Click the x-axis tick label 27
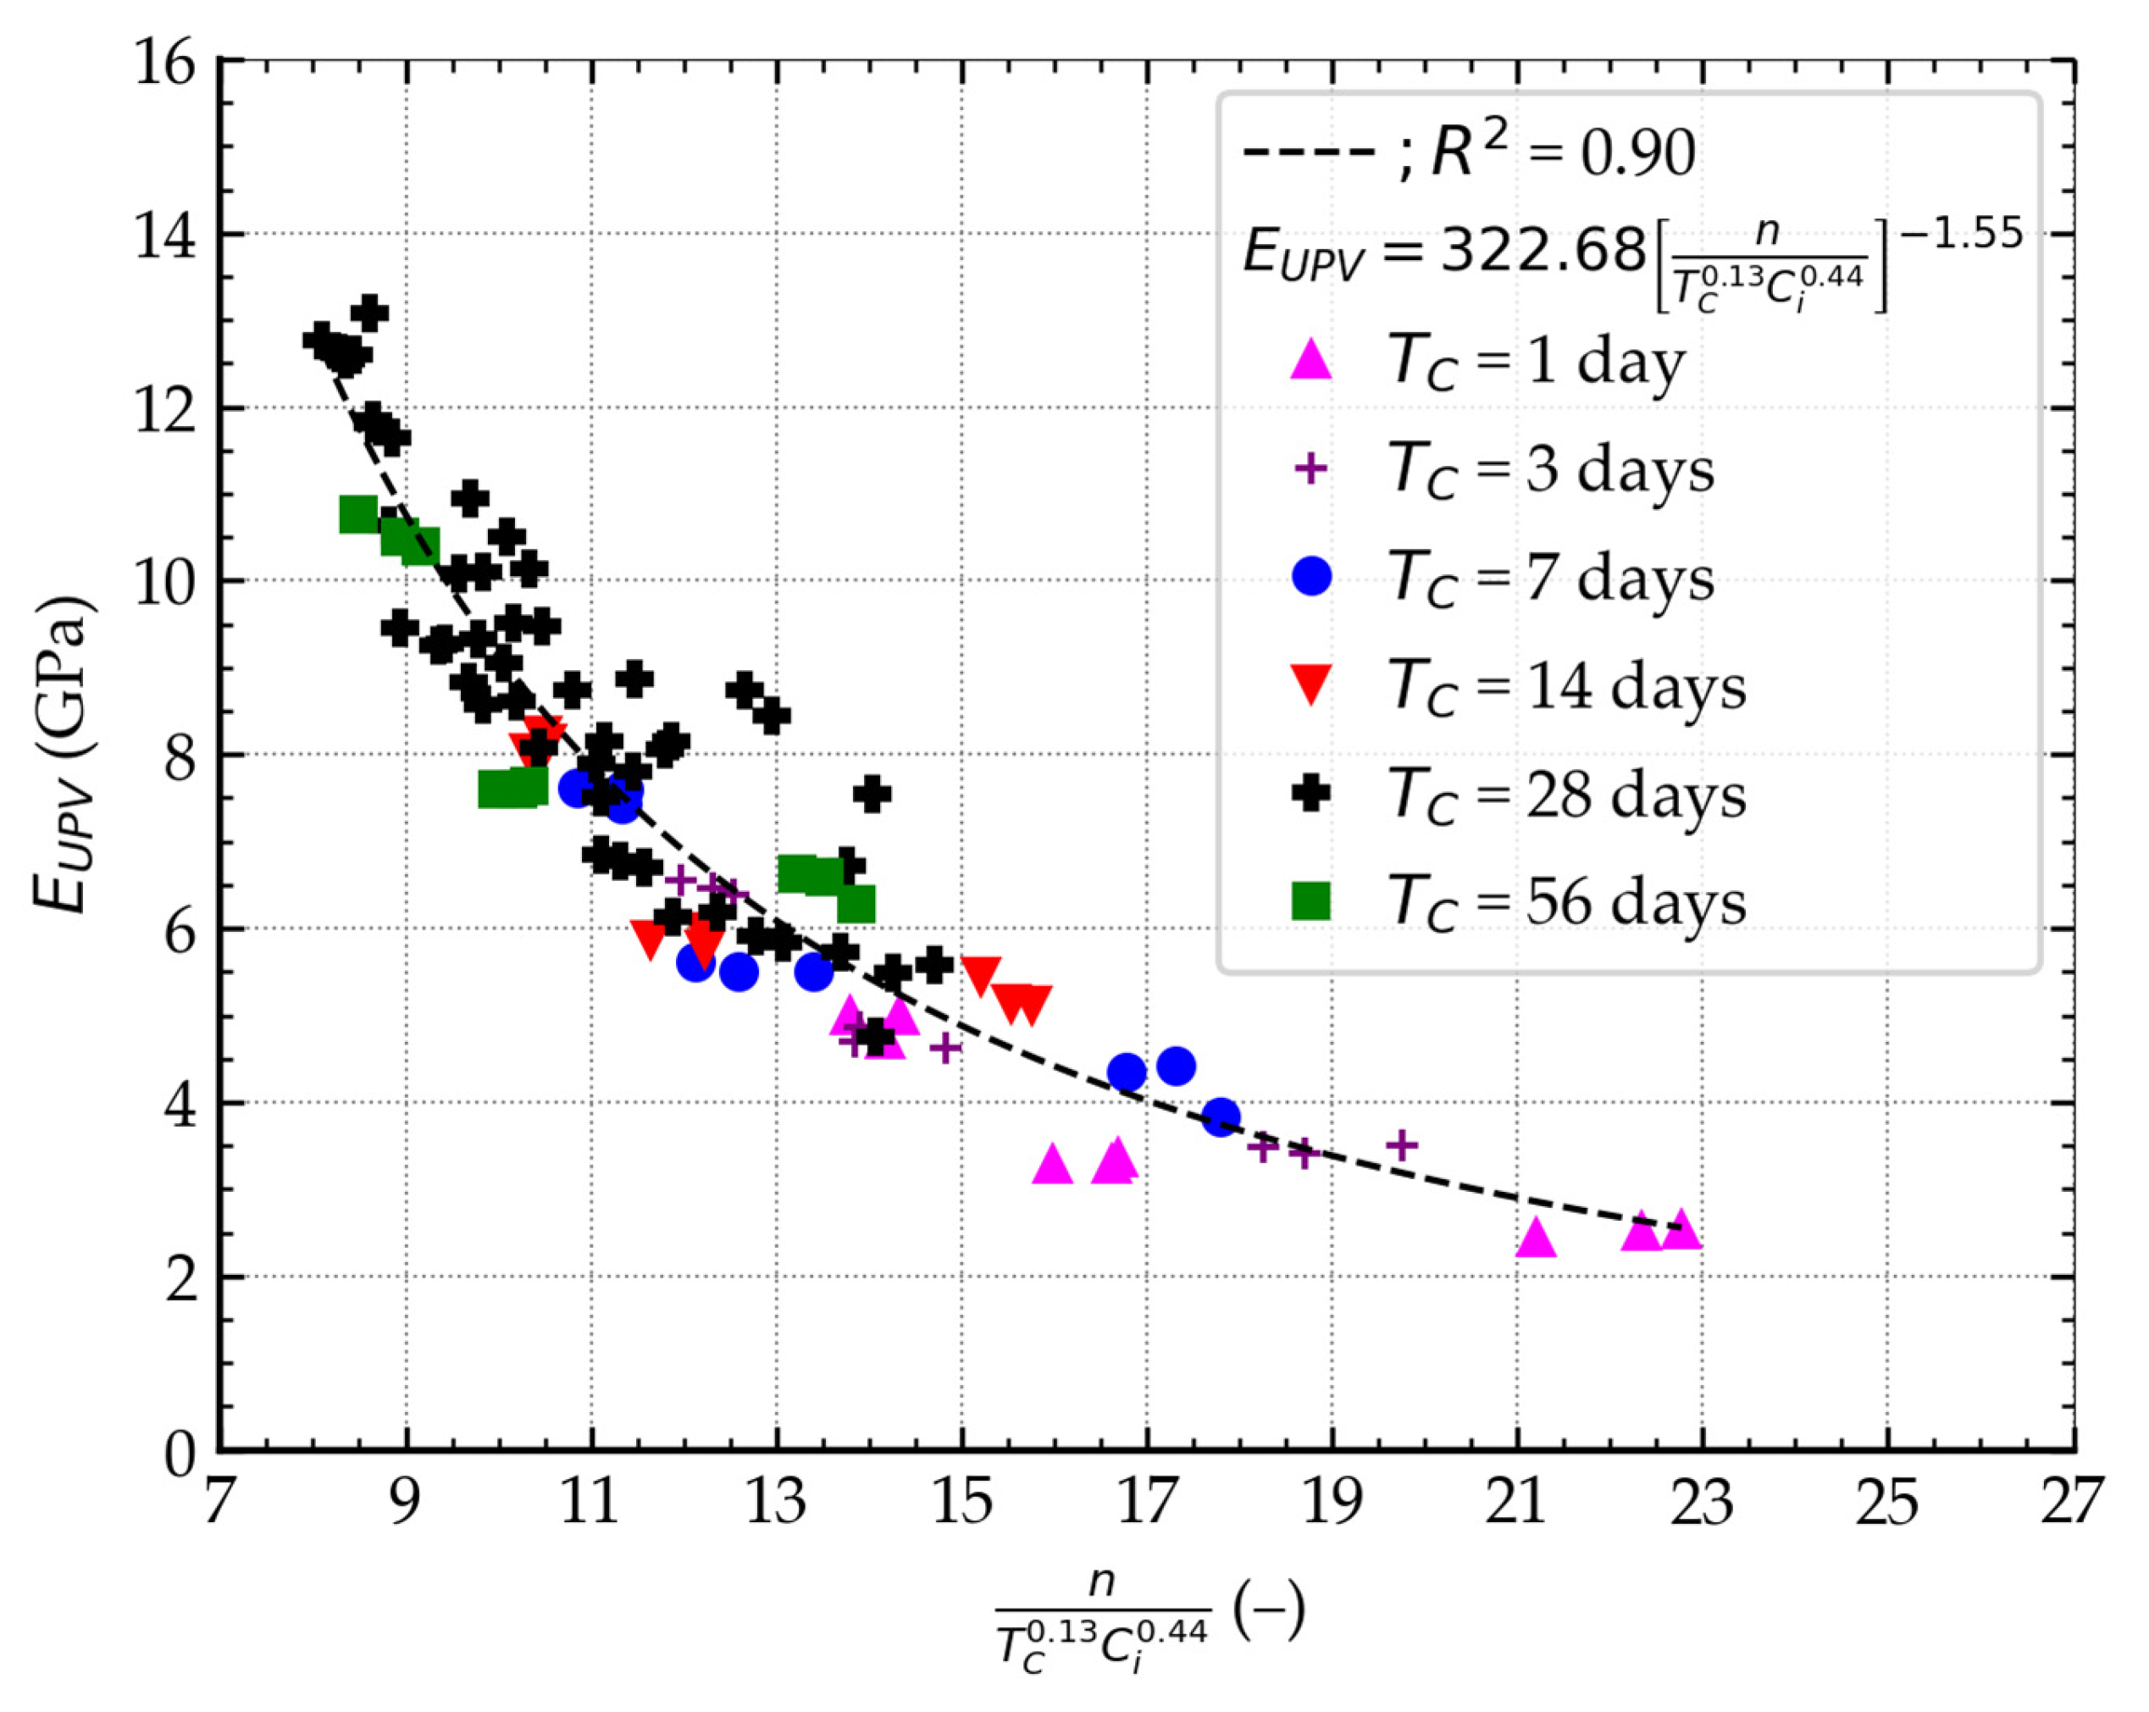click(x=2071, y=1503)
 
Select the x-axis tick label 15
click(x=962, y=1503)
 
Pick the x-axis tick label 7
click(x=219, y=1503)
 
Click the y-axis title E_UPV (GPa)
click(x=62, y=755)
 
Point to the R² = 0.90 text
click(x=1562, y=154)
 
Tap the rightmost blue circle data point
click(x=1220, y=1116)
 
